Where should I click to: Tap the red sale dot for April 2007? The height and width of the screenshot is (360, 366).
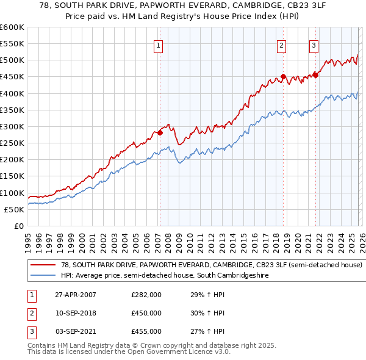coord(160,132)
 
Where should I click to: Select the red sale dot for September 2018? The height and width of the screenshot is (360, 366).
coord(283,77)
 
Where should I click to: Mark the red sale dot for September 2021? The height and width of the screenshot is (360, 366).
coord(315,75)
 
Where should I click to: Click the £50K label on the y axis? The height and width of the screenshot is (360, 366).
coord(15,209)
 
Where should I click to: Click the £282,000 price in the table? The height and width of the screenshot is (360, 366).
coord(146,295)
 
